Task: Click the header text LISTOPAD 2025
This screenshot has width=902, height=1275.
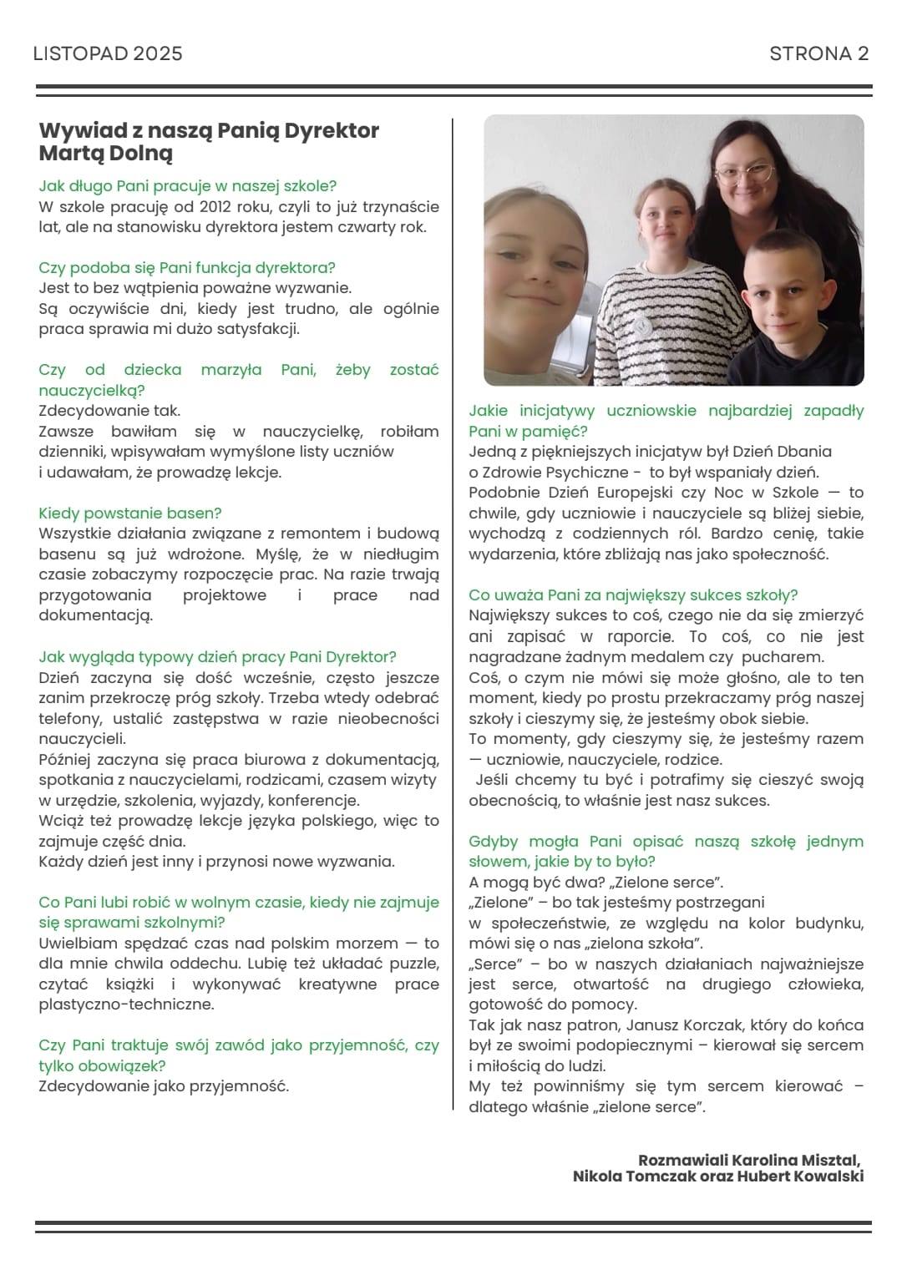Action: pos(108,54)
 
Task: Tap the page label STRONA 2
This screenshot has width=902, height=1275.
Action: pos(818,54)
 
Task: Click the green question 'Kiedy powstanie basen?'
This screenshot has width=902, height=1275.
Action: pos(129,513)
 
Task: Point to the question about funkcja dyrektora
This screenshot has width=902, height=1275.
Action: pos(186,267)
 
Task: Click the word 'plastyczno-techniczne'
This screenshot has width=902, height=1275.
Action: pos(126,1004)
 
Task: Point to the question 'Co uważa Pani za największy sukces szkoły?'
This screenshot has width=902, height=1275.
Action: pos(633,594)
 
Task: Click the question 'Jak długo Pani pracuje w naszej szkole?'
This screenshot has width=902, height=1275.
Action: pos(187,185)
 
